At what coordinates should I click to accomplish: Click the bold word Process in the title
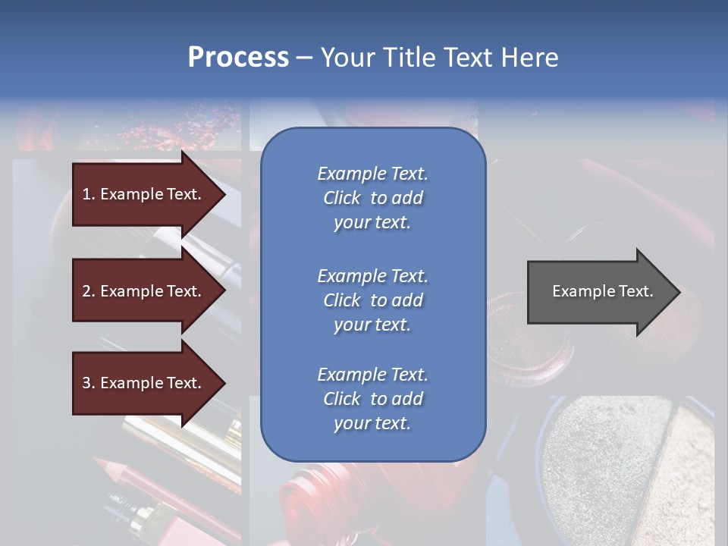tap(237, 58)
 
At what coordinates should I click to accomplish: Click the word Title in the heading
tap(406, 58)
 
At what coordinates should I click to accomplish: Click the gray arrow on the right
tap(599, 291)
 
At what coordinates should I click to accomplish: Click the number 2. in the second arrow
tap(88, 291)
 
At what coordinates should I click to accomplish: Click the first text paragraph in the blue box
tap(372, 198)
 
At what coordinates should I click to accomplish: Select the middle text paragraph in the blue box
tap(372, 300)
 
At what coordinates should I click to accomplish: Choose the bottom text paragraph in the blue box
tap(372, 399)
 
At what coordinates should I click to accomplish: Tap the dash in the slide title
tap(304, 58)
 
